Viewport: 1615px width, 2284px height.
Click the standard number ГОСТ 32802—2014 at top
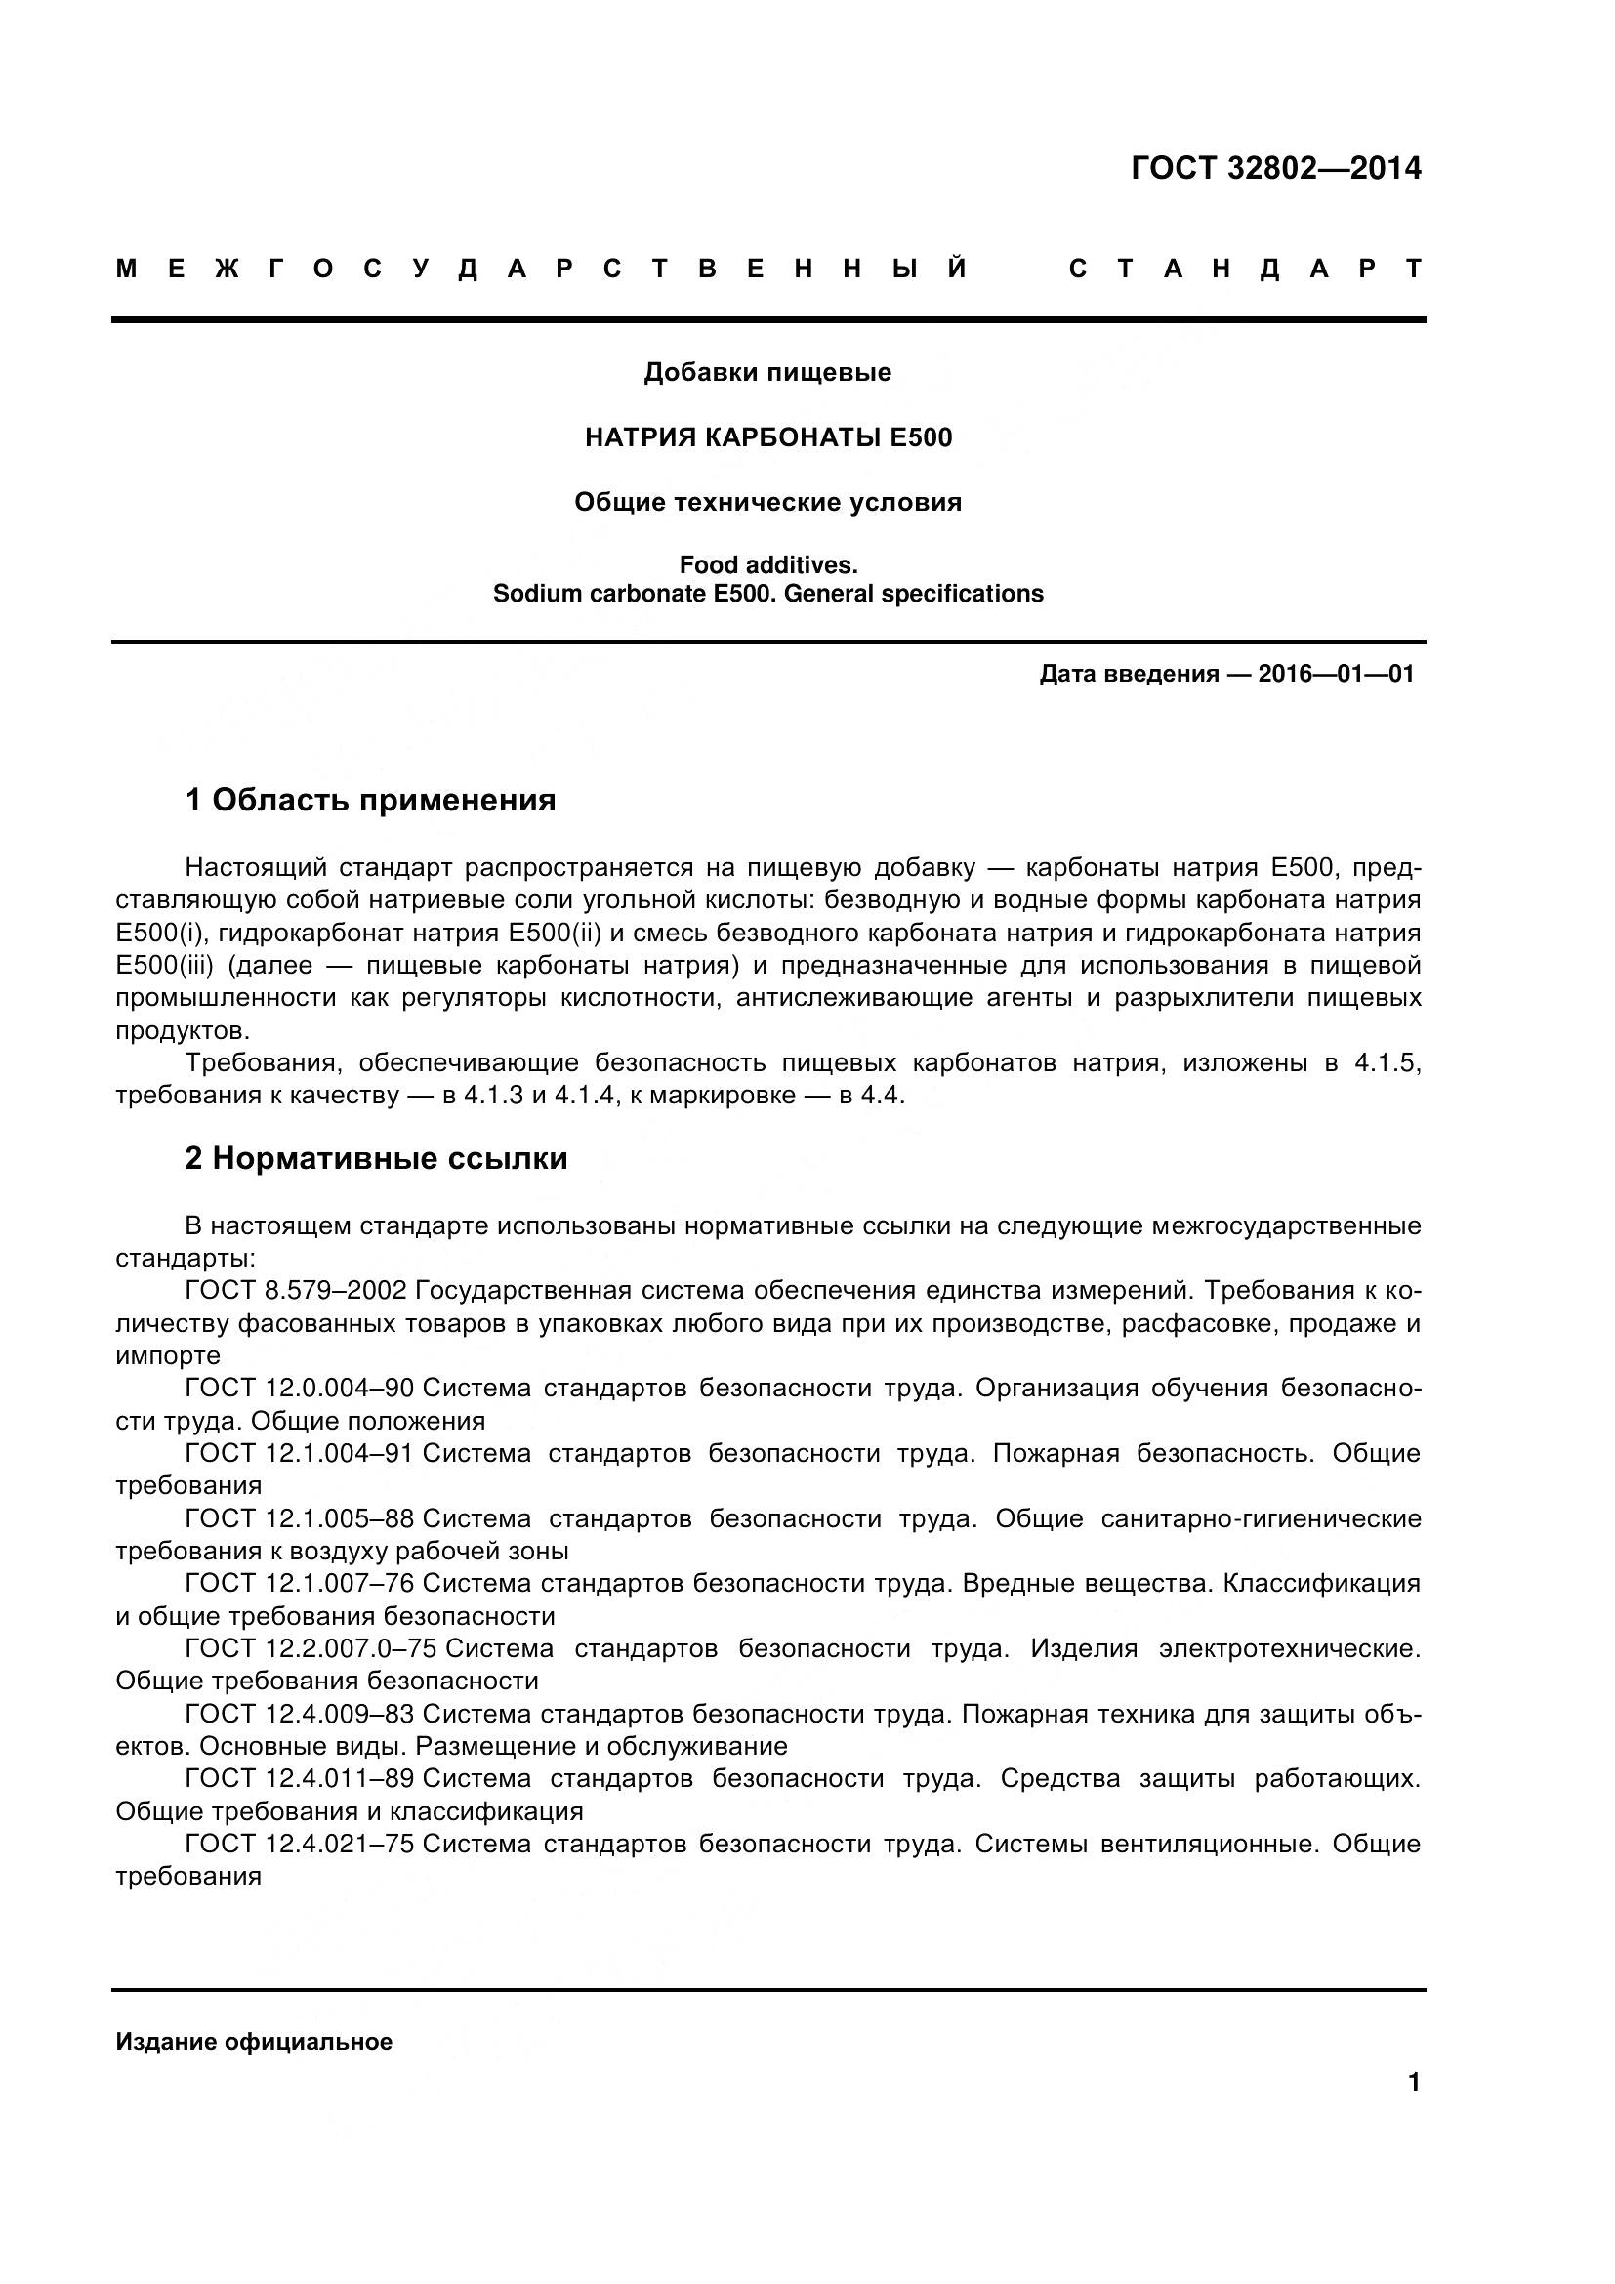coord(1276,169)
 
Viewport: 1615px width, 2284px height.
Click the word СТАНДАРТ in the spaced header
coord(1246,269)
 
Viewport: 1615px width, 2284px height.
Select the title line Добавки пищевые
coord(767,373)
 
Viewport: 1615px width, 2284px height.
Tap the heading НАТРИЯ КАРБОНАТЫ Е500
coord(767,437)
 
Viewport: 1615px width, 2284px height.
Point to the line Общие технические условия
coord(767,502)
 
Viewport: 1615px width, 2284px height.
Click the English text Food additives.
coord(767,565)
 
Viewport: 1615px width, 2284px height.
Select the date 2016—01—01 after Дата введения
coord(1336,675)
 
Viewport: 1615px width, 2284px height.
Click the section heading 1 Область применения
coord(370,800)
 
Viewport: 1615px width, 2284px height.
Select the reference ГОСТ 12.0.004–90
coord(300,1388)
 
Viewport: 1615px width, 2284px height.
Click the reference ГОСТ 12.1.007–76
coord(300,1583)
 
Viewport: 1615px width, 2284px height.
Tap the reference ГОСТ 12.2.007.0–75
coord(311,1648)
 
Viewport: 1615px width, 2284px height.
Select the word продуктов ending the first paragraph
coord(181,1030)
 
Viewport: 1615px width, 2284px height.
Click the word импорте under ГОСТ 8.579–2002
coord(168,1356)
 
